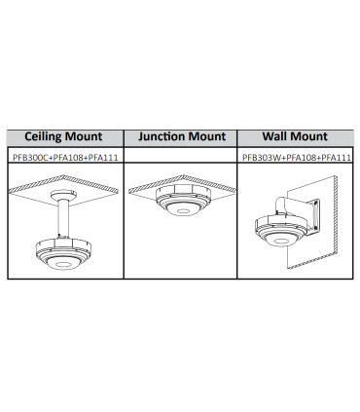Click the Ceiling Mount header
(x=63, y=136)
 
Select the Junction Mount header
(x=182, y=136)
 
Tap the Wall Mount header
(x=295, y=136)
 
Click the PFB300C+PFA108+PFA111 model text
(x=65, y=158)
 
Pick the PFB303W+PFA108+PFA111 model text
(x=297, y=158)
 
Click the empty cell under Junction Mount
(x=180, y=155)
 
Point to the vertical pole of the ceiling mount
(x=63, y=219)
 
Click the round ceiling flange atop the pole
(x=63, y=195)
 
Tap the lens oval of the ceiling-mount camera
(x=63, y=264)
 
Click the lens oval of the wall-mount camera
(x=281, y=242)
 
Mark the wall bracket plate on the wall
(x=314, y=217)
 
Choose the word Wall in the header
(x=275, y=136)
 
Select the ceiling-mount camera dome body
(x=63, y=254)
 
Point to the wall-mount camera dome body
(x=280, y=231)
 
